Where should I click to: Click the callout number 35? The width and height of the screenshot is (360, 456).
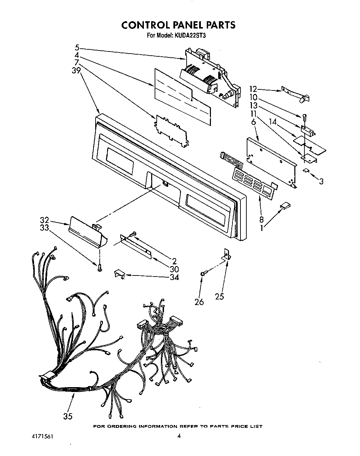(x=68, y=416)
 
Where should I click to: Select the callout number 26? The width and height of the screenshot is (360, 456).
(x=199, y=302)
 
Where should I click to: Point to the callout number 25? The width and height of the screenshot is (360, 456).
(x=220, y=296)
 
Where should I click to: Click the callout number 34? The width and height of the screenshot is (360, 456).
(x=174, y=277)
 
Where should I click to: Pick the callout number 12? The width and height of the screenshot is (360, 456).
(x=254, y=89)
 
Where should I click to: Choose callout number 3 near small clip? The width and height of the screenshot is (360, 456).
(x=321, y=181)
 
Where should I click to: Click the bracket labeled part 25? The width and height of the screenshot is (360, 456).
(x=227, y=256)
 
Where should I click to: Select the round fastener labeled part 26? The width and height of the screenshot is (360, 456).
(x=203, y=274)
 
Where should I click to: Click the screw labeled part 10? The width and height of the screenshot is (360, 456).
(x=304, y=117)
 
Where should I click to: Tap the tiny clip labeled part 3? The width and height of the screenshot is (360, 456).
(x=306, y=170)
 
